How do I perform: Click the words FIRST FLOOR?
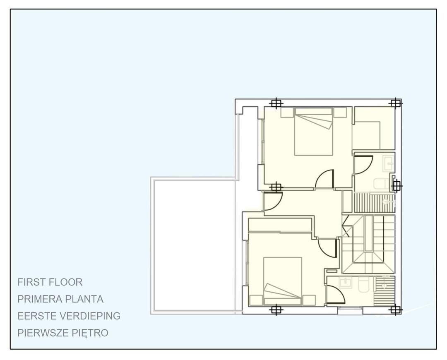50,282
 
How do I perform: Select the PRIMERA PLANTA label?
60,299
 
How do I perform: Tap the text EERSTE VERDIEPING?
69,316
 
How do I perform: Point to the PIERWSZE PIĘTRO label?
63,333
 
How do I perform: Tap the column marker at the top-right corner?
396,103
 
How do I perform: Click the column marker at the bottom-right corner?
395,310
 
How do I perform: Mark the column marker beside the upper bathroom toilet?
396,186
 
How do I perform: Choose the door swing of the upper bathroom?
363,165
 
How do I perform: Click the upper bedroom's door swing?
325,180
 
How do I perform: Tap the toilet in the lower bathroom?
364,284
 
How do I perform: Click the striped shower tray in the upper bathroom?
374,203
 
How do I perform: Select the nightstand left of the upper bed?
287,112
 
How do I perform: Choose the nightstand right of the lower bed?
309,300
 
